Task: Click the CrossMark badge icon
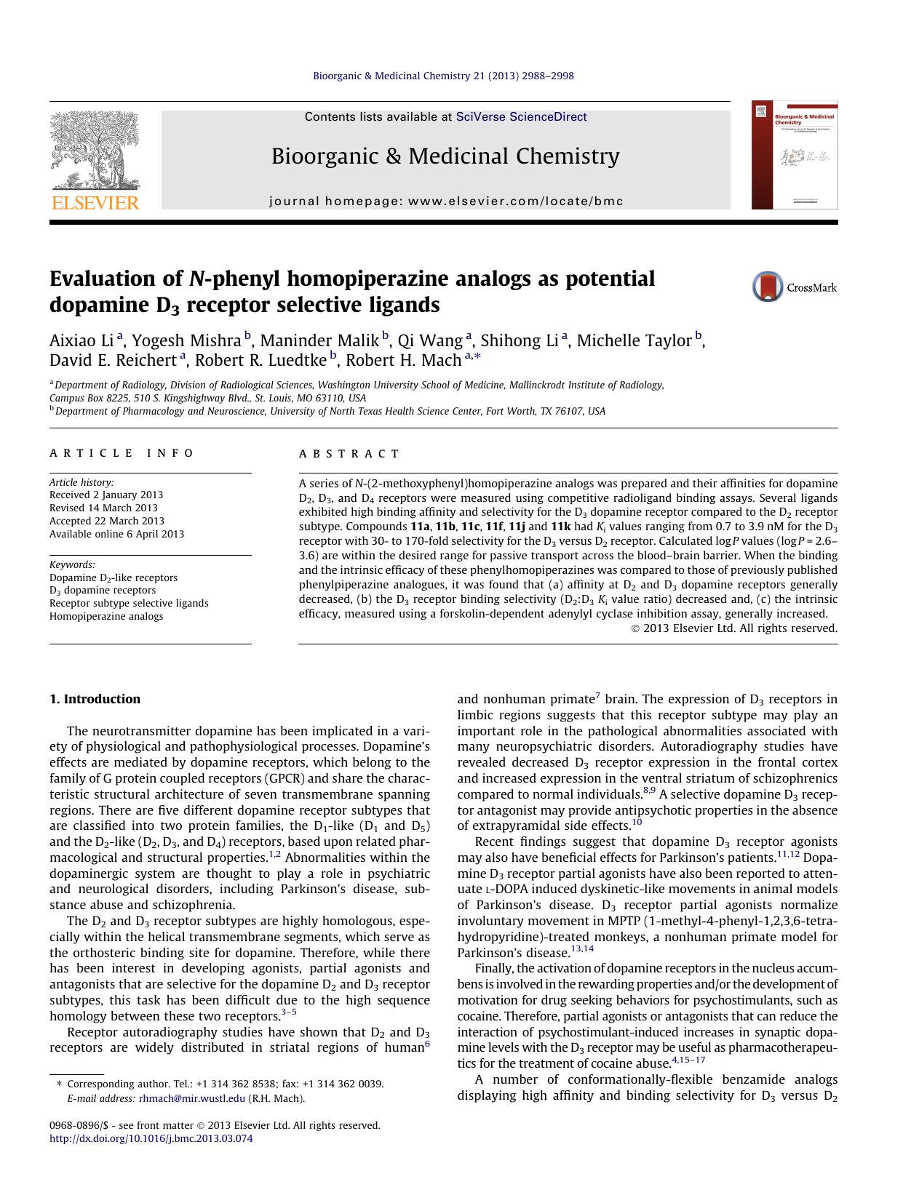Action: (768, 287)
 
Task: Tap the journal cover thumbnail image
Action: (795, 155)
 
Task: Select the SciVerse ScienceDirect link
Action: (521, 117)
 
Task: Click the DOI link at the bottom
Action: (151, 1138)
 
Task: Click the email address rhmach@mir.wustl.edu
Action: (191, 1098)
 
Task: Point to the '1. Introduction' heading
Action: (95, 699)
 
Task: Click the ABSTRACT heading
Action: (349, 454)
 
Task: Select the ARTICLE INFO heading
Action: (122, 453)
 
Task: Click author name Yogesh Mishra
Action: (186, 340)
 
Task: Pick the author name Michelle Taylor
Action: (633, 340)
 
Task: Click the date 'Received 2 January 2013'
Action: (106, 495)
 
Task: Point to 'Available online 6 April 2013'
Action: (116, 534)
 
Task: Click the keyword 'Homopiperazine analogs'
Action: (106, 616)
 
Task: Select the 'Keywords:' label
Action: (72, 564)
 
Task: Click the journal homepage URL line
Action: (446, 201)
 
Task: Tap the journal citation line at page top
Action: (443, 76)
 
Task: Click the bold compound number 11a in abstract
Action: (420, 527)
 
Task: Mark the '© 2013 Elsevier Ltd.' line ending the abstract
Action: (733, 628)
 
